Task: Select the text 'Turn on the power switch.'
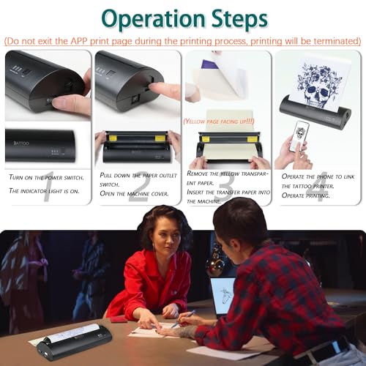46,177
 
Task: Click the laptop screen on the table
223,293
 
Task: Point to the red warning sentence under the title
182,40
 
